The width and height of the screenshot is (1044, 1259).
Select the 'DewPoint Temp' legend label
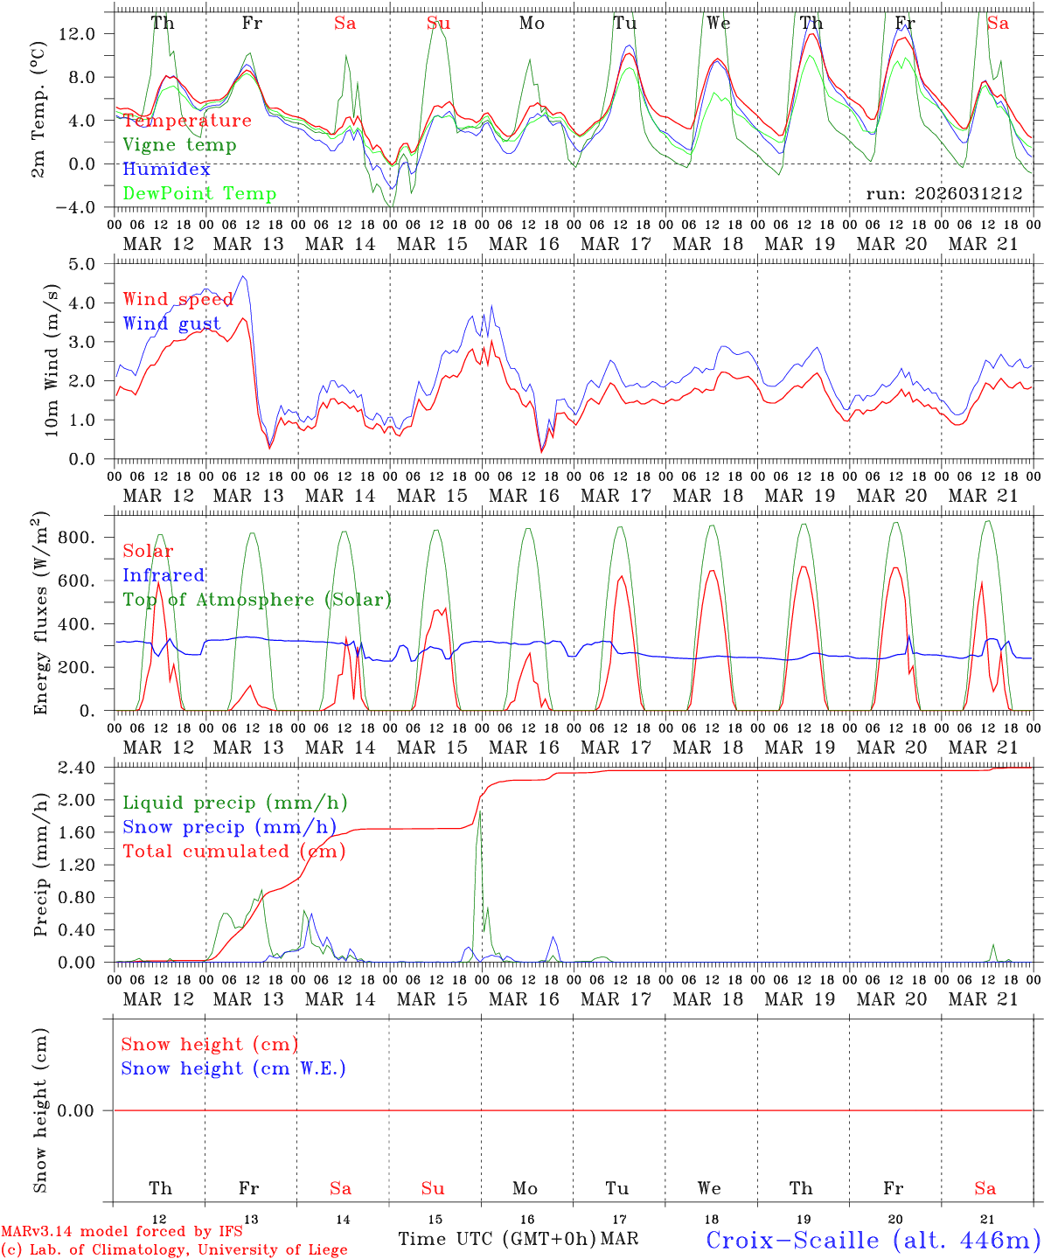pyautogui.click(x=199, y=194)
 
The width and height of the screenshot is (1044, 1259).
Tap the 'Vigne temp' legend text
pyautogui.click(x=179, y=145)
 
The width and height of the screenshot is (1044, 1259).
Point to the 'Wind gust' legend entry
pyautogui.click(x=171, y=323)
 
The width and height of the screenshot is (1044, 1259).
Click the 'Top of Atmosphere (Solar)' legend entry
pyautogui.click(x=257, y=600)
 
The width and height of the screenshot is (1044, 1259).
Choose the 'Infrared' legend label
pyautogui.click(x=164, y=575)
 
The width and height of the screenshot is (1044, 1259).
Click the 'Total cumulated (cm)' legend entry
pyautogui.click(x=233, y=852)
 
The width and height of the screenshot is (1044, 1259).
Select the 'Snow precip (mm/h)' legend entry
pyautogui.click(x=229, y=827)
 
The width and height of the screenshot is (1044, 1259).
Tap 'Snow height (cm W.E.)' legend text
pyautogui.click(x=233, y=1068)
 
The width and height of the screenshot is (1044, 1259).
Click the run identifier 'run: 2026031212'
pyautogui.click(x=943, y=194)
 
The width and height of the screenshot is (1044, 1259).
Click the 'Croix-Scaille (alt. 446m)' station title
pyautogui.click(x=872, y=1240)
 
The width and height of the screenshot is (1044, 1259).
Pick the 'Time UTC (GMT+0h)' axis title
pyautogui.click(x=497, y=1239)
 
